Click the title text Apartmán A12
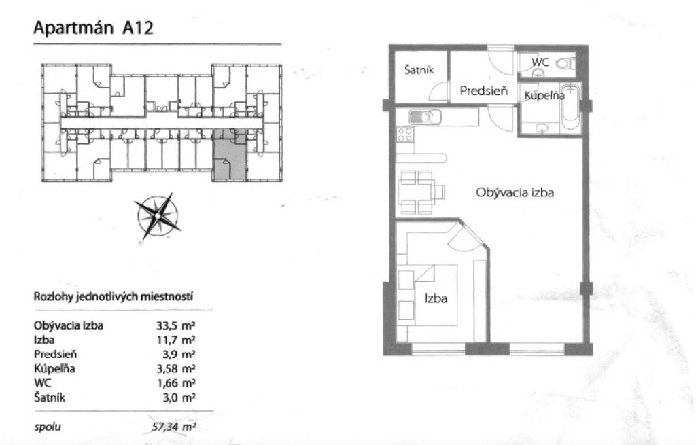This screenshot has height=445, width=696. tap(93, 28)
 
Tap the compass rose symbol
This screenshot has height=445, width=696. tap(158, 216)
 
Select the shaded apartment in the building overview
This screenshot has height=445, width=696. tap(229, 156)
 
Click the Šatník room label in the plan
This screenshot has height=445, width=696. tap(419, 70)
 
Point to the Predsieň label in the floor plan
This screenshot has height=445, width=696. tap(483, 91)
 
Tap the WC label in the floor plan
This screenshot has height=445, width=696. tap(540, 62)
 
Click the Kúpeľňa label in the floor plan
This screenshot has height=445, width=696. tap(544, 95)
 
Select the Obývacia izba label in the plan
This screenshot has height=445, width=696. tap(515, 192)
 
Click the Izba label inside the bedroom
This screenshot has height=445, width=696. tap(436, 298)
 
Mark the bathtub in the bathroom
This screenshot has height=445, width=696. tap(571, 107)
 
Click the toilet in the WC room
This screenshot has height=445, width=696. tap(566, 63)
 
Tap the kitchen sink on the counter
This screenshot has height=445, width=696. tap(424, 118)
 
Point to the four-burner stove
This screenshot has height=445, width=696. tap(405, 135)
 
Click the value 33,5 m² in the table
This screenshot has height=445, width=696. tap(176, 325)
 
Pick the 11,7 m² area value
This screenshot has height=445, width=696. tap(176, 340)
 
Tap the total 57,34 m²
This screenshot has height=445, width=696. tap(173, 427)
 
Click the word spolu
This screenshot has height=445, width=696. tap(48, 427)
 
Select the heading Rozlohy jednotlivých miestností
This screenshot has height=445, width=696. tap(114, 296)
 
